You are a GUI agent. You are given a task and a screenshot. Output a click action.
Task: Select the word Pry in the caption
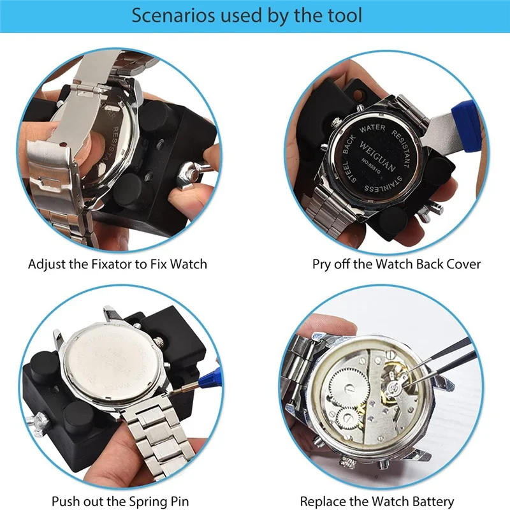click(323, 263)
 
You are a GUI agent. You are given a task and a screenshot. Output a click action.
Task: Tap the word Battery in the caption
click(432, 501)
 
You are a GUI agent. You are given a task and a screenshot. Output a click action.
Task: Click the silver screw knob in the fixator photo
click(191, 170)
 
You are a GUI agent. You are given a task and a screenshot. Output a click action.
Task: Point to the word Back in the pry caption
click(431, 263)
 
